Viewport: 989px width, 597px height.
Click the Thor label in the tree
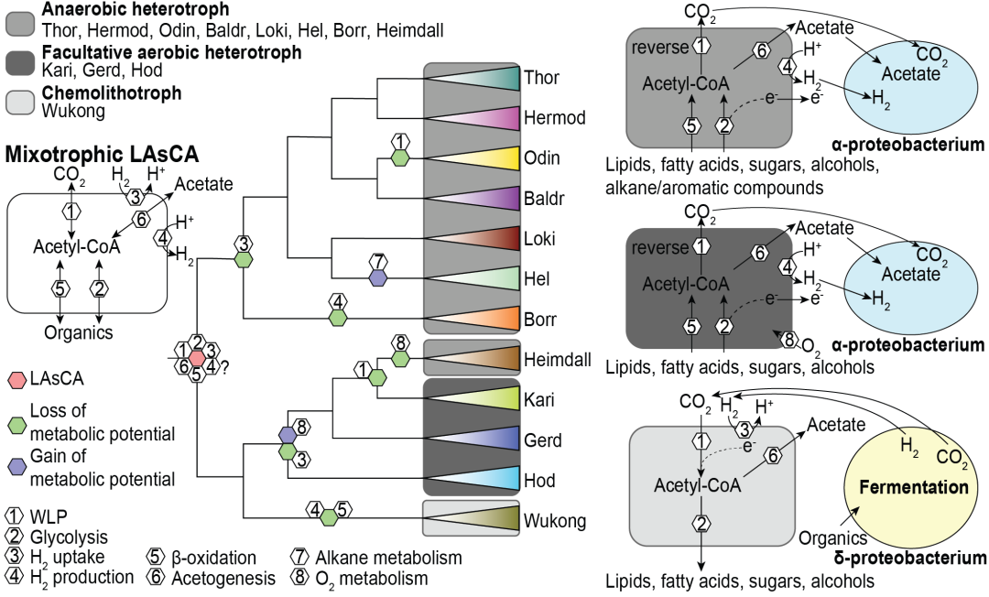[541, 78]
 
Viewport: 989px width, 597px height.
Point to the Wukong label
[549, 522]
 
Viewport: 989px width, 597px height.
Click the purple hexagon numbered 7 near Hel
[378, 277]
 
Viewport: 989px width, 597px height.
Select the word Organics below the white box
[79, 332]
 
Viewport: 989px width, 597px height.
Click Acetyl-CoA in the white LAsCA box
[77, 245]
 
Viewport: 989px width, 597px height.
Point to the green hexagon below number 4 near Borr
[339, 318]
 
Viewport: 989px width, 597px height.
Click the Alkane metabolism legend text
[389, 558]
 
